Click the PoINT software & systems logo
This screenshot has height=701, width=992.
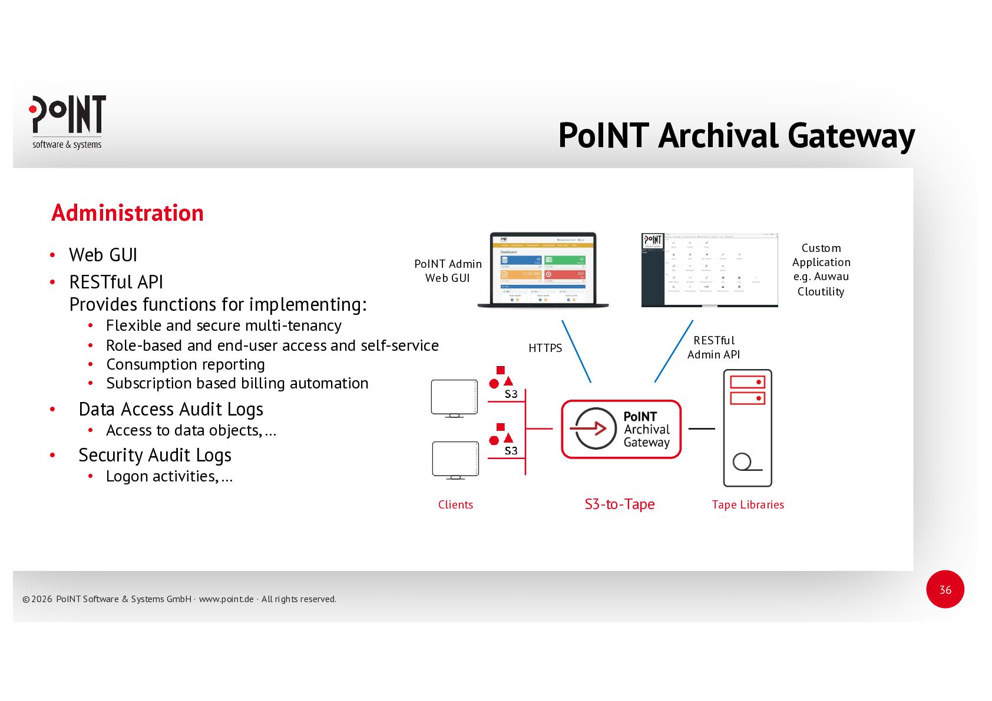(x=67, y=122)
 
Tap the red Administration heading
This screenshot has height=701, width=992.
(x=127, y=213)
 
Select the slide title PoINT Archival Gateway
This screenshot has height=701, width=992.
(x=736, y=136)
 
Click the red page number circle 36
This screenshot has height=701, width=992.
(x=945, y=589)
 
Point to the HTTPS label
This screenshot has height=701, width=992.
(x=545, y=348)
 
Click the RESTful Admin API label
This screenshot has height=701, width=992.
(x=713, y=347)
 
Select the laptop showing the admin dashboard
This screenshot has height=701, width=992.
(x=543, y=270)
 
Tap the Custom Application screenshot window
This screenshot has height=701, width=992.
(x=709, y=270)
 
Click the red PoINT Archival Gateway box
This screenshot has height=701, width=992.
(x=621, y=429)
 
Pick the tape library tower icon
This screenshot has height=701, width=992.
(x=747, y=428)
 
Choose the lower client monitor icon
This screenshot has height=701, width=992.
(x=455, y=460)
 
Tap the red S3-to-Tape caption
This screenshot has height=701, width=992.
(x=619, y=504)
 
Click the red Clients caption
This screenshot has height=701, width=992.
(x=455, y=504)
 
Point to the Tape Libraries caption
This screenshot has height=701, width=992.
(x=748, y=504)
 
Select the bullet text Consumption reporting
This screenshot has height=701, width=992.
(x=185, y=364)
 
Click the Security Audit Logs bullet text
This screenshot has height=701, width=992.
(x=154, y=455)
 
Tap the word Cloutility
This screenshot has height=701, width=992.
(x=821, y=291)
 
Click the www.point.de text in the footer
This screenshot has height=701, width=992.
(x=226, y=599)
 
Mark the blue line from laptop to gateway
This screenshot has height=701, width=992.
(x=576, y=351)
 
